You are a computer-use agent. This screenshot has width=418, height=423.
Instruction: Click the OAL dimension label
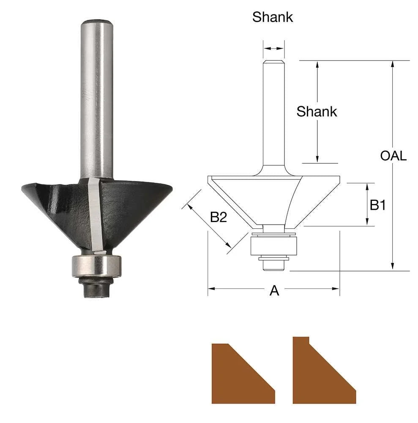coord(393,156)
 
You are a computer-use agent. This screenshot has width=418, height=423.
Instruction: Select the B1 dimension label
coord(378,205)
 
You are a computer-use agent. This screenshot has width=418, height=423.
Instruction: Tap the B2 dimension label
coord(219,217)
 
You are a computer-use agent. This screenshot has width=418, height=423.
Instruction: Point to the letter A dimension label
coord(274,291)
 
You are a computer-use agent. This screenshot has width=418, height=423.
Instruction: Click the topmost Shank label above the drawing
coord(273,17)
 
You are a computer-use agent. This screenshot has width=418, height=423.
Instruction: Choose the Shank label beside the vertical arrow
coord(317,112)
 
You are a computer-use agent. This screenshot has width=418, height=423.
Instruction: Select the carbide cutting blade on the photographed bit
coord(95,216)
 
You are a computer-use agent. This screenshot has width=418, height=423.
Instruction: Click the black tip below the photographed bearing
coord(96,289)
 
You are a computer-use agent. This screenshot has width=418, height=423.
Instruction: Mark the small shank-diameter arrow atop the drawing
coord(274,49)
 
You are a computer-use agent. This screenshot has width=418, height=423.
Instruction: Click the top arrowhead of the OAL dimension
coord(393,64)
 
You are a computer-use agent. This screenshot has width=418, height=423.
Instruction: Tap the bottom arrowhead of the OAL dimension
coord(393,266)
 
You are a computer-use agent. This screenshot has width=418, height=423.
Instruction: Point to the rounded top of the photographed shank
coord(97,22)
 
